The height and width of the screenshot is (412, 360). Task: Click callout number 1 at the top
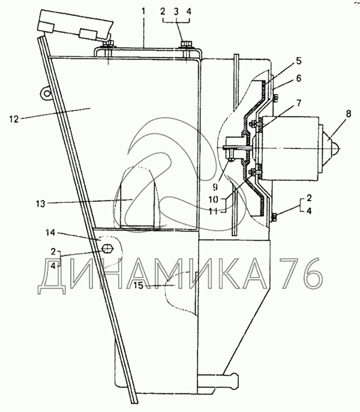(x=143, y=11)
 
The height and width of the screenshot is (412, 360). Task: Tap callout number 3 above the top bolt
(x=176, y=12)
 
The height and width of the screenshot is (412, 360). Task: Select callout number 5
(x=299, y=61)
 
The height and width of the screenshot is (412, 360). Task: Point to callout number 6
(x=299, y=78)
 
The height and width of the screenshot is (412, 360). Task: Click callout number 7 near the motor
(x=299, y=103)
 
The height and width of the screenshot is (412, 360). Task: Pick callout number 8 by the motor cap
(x=349, y=114)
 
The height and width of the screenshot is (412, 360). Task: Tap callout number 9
(x=215, y=187)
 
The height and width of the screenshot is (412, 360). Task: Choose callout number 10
(x=213, y=199)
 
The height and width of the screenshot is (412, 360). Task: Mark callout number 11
(x=213, y=211)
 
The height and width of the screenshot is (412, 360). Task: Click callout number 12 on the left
(x=14, y=120)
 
